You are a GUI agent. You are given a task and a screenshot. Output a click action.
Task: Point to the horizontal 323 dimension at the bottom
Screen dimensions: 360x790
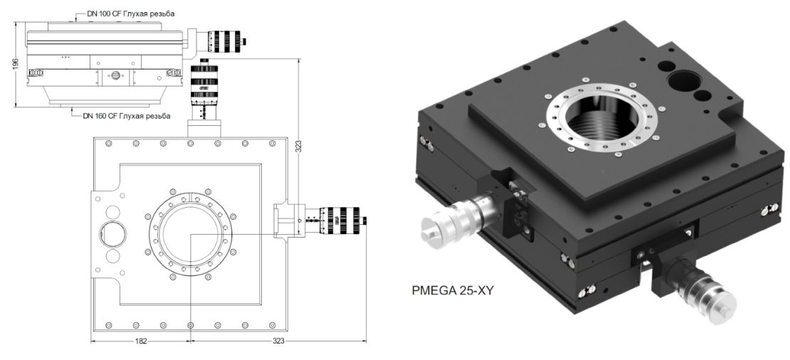278,342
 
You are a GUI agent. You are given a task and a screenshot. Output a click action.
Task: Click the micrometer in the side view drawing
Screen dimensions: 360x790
221,40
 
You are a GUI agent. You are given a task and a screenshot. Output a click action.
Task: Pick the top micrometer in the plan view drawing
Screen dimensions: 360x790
204,92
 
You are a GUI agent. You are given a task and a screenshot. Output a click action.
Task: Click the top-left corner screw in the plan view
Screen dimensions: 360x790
108,144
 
